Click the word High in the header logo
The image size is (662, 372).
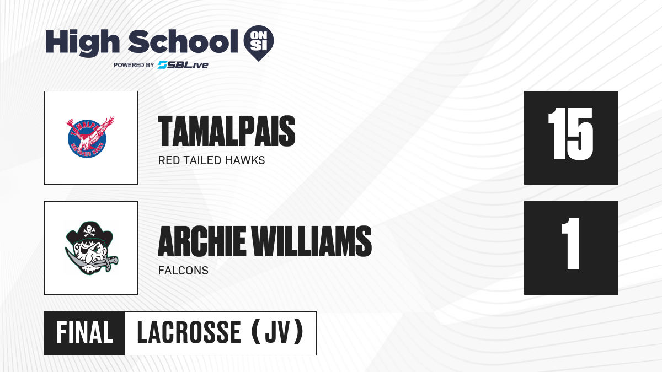[x=82, y=43]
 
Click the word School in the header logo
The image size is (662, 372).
[x=183, y=41]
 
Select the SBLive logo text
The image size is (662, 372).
[x=183, y=64]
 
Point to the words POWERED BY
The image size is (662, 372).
[x=134, y=65]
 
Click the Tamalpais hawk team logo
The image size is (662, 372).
[x=90, y=137]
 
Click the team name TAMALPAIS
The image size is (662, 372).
[x=227, y=131]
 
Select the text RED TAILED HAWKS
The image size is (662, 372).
[x=212, y=160]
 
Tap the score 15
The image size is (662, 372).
[x=570, y=134]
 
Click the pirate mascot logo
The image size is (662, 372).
[x=92, y=248]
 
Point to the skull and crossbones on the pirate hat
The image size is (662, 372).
[x=89, y=231]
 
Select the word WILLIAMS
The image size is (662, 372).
[x=312, y=241]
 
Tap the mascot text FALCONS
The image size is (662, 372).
[x=183, y=271]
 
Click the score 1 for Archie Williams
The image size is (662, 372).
[x=570, y=244]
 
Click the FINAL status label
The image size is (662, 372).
[x=85, y=333]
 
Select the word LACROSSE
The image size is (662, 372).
[x=189, y=333]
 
